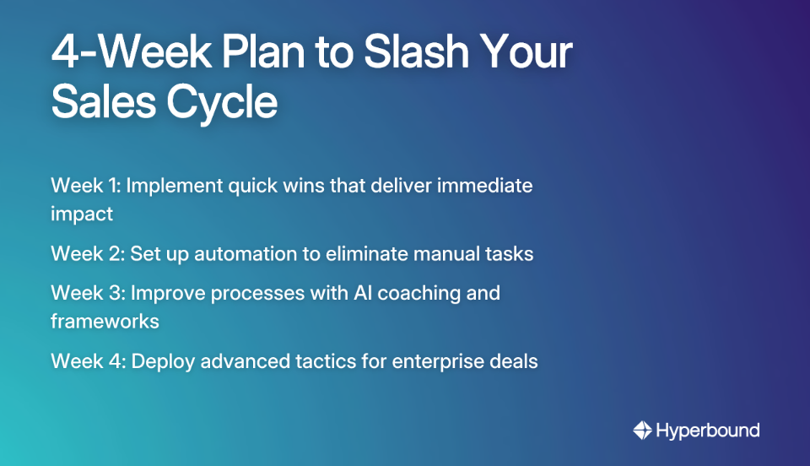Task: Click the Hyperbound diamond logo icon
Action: click(642, 431)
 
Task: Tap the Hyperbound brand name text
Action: click(709, 431)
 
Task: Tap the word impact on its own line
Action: click(82, 214)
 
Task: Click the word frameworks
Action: click(105, 322)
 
